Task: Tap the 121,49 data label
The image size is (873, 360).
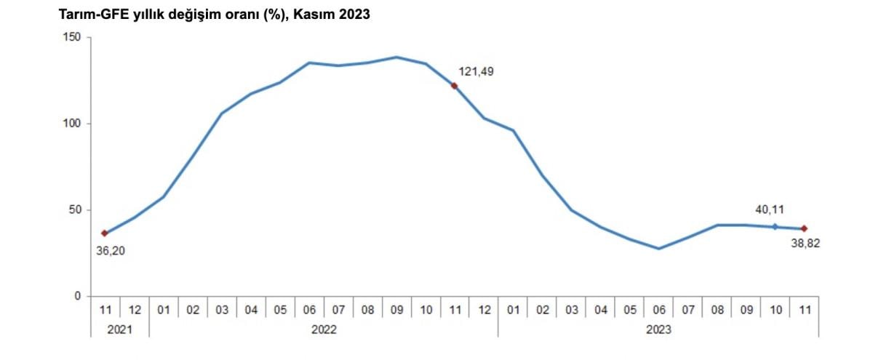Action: tap(477, 71)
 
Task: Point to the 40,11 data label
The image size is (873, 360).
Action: tap(770, 210)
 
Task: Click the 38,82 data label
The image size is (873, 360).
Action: tap(805, 244)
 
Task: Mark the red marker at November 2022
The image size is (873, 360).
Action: tap(454, 86)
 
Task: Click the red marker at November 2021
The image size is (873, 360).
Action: tap(105, 233)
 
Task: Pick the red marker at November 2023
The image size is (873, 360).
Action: tap(804, 228)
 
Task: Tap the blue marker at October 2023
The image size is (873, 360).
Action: tap(775, 227)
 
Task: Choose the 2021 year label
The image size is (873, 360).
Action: tap(119, 329)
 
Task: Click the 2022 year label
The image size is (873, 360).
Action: tap(324, 329)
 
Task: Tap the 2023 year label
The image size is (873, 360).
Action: tap(658, 329)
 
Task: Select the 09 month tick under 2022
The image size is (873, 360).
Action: tap(396, 310)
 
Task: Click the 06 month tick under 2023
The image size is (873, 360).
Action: tap(658, 310)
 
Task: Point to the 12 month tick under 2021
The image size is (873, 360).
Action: tap(135, 310)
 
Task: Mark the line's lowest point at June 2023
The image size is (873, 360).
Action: tap(658, 249)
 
